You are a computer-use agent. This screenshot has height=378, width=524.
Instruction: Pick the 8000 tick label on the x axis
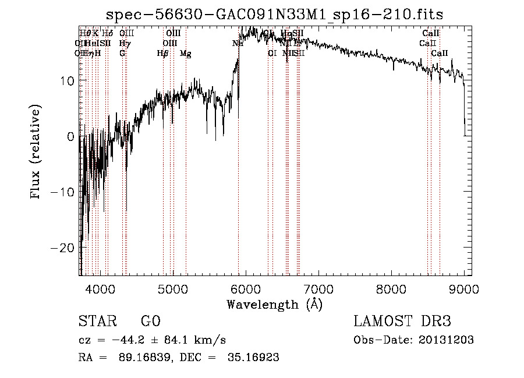(x=391, y=289)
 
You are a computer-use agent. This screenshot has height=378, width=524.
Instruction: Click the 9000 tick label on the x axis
(x=463, y=289)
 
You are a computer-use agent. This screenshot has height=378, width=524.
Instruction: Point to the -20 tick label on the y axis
(x=62, y=248)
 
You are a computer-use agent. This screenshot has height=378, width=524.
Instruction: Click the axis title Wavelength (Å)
(x=274, y=304)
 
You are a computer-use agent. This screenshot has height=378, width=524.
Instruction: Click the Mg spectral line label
(x=185, y=54)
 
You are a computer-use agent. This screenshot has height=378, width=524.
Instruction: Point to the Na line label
(x=237, y=44)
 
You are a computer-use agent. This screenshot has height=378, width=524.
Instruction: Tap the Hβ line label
(x=162, y=54)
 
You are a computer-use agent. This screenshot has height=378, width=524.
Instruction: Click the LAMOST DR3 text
(x=402, y=321)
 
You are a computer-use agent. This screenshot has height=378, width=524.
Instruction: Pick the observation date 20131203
(x=451, y=340)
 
